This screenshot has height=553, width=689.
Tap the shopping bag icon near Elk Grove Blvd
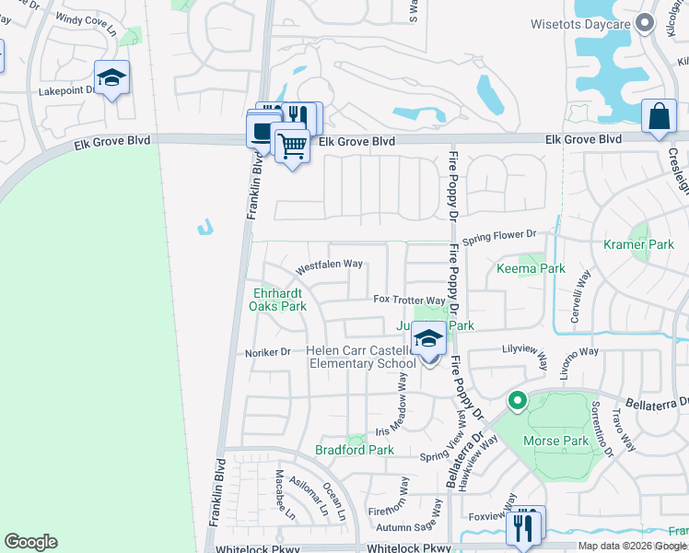click(x=659, y=116)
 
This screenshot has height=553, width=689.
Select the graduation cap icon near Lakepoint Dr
click(x=111, y=78)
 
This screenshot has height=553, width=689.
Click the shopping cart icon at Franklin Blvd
click(x=292, y=145)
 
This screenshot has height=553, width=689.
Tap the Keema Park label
click(x=530, y=269)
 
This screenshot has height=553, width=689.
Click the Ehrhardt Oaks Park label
click(x=278, y=300)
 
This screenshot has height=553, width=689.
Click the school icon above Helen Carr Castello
click(x=428, y=339)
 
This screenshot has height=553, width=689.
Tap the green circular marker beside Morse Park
click(x=517, y=401)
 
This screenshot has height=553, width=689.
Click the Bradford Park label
click(x=354, y=450)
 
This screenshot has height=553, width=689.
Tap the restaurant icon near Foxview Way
click(x=524, y=525)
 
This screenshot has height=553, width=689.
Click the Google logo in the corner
click(x=30, y=541)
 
